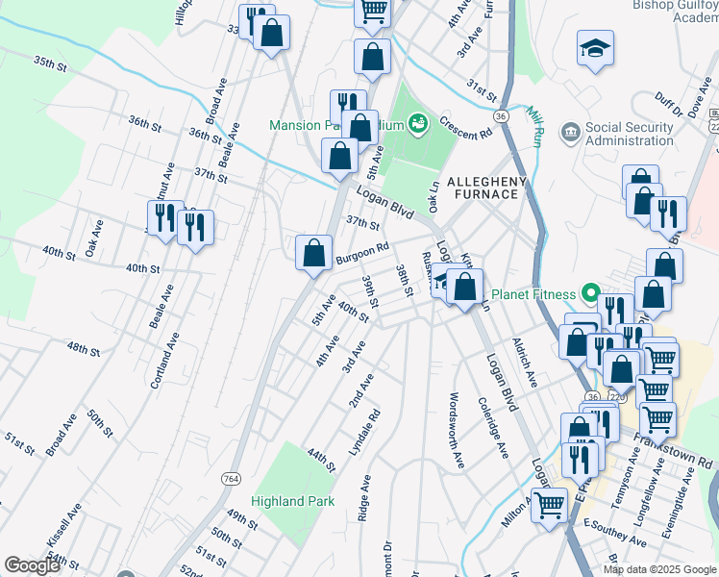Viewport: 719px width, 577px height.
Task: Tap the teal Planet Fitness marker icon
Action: tap(589, 294)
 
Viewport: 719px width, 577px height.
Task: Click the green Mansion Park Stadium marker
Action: tap(417, 123)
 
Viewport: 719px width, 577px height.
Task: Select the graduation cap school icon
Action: tap(595, 47)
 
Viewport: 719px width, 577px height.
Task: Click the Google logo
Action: tap(32, 565)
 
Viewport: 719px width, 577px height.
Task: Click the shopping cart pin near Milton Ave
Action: tap(550, 503)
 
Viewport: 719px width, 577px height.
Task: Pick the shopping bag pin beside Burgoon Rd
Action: tap(313, 255)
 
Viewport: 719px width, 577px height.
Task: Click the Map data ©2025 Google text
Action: tap(658, 569)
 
